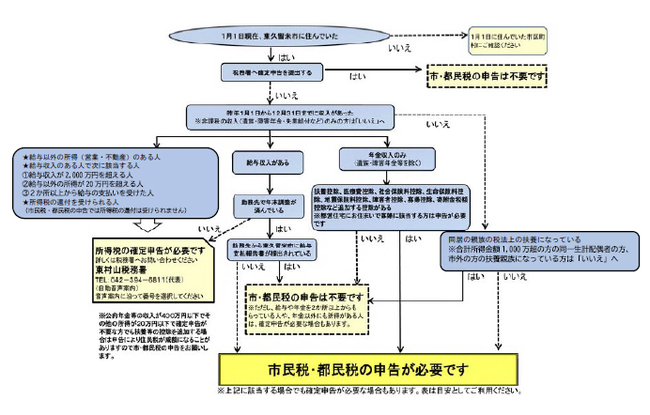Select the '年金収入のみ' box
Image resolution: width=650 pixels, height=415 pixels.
[x=385, y=157]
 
